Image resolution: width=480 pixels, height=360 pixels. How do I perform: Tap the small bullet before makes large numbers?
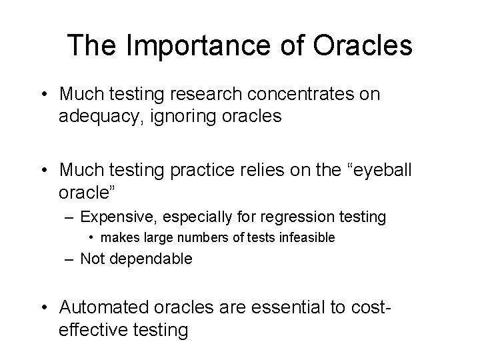(x=95, y=237)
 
